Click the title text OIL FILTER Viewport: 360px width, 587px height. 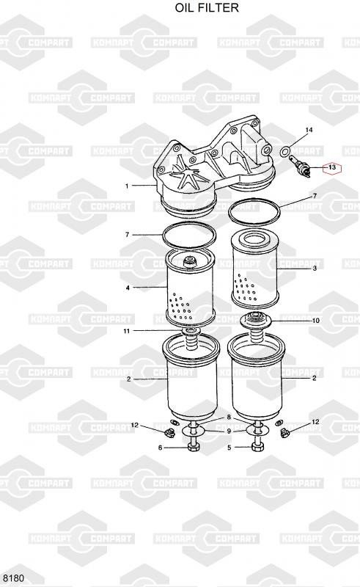[x=207, y=7]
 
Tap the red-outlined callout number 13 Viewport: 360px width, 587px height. [x=332, y=167]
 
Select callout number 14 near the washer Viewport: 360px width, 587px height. [x=309, y=130]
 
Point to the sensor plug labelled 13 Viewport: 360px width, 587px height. [x=301, y=167]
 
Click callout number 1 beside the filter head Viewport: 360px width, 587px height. [x=127, y=186]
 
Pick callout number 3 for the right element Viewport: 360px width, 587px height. [x=315, y=268]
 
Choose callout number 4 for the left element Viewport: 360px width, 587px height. [x=128, y=288]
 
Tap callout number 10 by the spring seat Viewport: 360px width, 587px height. [x=316, y=321]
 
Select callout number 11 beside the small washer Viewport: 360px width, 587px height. [x=127, y=331]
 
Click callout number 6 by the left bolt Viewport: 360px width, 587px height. [x=160, y=448]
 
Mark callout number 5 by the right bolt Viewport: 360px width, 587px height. [x=229, y=448]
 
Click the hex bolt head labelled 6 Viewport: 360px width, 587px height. [x=194, y=448]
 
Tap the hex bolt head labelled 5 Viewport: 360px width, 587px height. [x=257, y=448]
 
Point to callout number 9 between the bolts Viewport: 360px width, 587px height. [x=229, y=431]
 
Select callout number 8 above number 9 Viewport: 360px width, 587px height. [x=229, y=418]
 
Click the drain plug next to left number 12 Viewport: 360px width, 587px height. [x=169, y=433]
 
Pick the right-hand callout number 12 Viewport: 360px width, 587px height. [x=315, y=422]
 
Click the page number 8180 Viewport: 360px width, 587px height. [x=13, y=578]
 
